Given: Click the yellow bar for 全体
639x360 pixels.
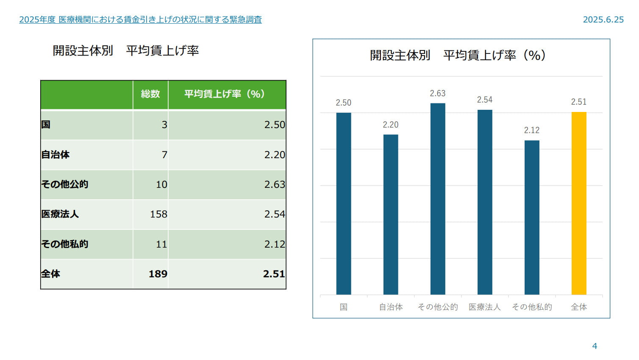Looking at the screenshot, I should [579, 203].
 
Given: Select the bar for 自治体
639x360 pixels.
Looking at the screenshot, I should [391, 215].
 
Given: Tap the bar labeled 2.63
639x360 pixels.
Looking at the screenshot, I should [438, 199].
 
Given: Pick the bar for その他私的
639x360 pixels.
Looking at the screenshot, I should [532, 218].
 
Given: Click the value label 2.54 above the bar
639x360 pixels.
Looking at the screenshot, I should [485, 100].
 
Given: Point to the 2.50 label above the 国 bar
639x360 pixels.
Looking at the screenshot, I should [343, 103].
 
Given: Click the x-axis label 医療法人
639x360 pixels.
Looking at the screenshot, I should [485, 307].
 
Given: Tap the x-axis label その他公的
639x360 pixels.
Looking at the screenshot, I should [438, 307].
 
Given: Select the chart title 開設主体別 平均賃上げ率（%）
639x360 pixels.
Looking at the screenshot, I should [458, 55].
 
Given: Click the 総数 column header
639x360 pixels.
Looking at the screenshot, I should [150, 94].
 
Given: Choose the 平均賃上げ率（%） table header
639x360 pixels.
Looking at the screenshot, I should [225, 94].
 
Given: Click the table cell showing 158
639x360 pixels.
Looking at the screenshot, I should [158, 214].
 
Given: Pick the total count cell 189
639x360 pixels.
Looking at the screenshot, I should [158, 274].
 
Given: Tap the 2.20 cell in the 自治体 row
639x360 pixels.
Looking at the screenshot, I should [275, 155].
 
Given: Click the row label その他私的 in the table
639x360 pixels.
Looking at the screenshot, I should [64, 244].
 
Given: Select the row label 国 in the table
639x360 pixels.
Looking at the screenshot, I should [46, 125].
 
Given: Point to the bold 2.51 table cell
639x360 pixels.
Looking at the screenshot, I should [274, 274].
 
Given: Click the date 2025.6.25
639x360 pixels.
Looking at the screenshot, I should [603, 20].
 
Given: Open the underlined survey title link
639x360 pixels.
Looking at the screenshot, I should [140, 20].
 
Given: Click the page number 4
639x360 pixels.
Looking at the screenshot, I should [595, 346].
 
